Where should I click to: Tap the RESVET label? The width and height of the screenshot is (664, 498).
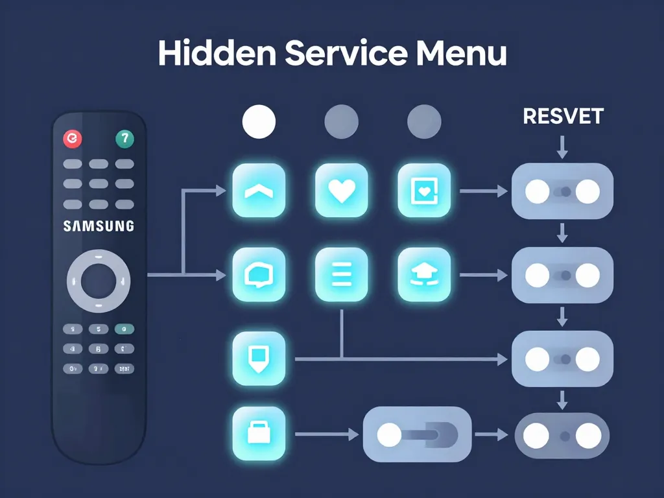click(x=563, y=117)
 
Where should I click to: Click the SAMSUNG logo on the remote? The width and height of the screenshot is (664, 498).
click(x=99, y=226)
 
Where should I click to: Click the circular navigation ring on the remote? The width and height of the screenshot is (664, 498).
click(x=99, y=281)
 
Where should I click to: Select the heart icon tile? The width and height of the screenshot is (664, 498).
click(x=341, y=190)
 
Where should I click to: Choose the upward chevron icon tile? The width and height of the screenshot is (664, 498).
click(x=258, y=190)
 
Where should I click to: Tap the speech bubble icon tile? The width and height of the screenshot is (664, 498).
click(x=258, y=274)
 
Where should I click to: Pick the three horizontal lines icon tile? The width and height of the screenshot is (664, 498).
click(x=341, y=274)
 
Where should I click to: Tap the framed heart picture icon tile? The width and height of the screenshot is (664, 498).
click(x=423, y=190)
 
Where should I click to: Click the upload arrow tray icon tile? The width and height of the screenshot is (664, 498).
click(x=423, y=274)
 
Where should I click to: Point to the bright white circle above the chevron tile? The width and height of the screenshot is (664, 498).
click(x=259, y=121)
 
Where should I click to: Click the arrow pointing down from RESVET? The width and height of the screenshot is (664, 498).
click(x=563, y=146)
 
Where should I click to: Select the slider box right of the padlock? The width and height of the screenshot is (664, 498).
click(x=417, y=434)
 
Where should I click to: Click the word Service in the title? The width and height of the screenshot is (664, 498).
click(x=337, y=54)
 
